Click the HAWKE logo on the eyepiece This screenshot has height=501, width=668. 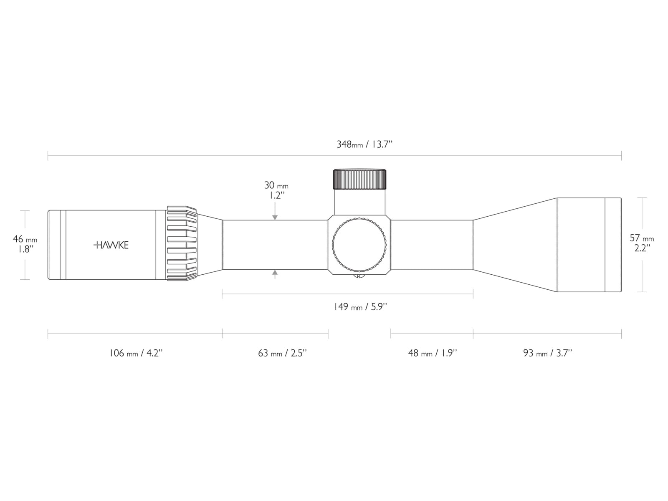[x=111, y=245]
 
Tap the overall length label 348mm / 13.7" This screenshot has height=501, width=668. [x=364, y=144]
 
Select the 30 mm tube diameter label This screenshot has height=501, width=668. [x=276, y=185]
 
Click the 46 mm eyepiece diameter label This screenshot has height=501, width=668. [x=25, y=239]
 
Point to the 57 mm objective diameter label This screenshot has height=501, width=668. [x=642, y=238]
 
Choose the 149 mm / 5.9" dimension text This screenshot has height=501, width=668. [x=360, y=306]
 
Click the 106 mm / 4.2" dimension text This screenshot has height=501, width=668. [x=136, y=353]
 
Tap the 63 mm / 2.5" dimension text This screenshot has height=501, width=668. [x=282, y=353]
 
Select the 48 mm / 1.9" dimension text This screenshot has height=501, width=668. [x=433, y=353]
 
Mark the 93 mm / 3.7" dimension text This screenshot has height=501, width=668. [x=547, y=353]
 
